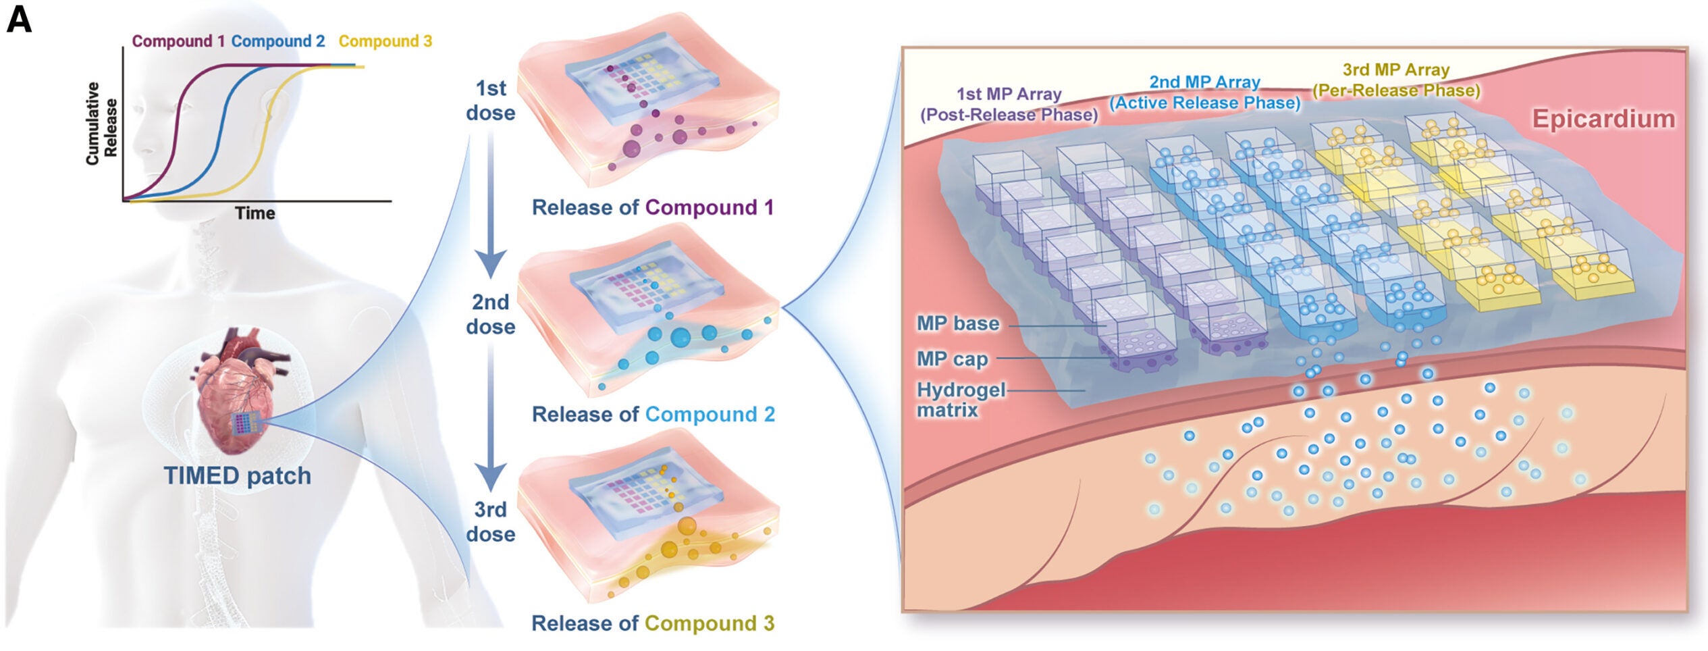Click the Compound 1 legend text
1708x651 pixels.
tap(178, 41)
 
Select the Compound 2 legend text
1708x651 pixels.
tap(278, 41)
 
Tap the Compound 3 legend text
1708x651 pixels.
tap(385, 41)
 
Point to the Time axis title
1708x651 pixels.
tap(255, 213)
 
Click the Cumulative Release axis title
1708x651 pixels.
tap(101, 124)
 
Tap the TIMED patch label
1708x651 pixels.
tap(237, 475)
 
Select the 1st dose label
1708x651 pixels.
tap(491, 101)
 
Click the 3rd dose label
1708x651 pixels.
tap(491, 521)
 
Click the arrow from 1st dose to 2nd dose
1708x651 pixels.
tap(491, 203)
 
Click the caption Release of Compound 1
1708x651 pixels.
tap(652, 207)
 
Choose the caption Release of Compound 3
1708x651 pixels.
tap(652, 623)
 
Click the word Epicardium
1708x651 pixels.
tap(1603, 119)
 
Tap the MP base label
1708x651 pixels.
tap(957, 323)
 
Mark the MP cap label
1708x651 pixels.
tap(952, 359)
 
